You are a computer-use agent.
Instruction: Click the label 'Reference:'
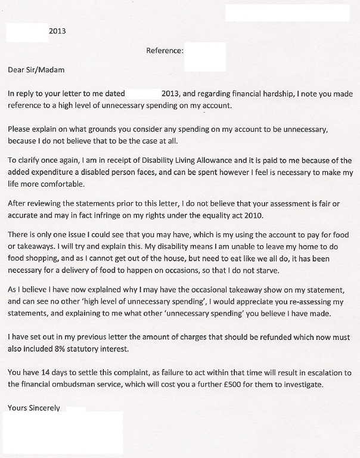(x=165, y=51)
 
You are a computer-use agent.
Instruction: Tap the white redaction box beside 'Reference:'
(x=205, y=57)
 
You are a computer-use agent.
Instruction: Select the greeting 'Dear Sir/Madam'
(x=35, y=69)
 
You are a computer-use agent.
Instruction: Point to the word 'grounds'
(x=104, y=129)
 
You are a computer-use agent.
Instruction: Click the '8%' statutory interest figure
(x=68, y=348)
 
